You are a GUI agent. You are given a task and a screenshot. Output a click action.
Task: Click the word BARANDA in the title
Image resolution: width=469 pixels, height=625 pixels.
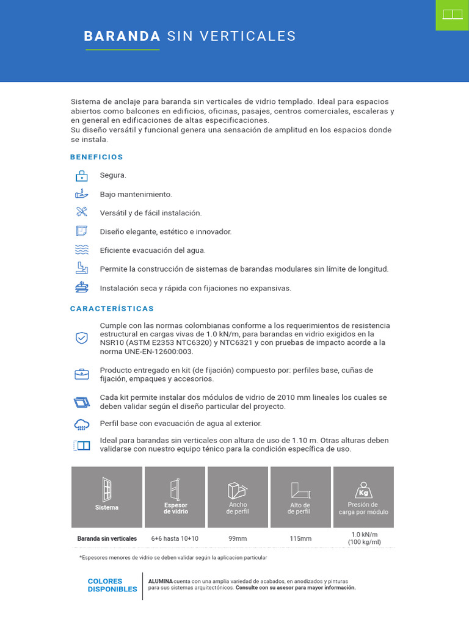pos(122,36)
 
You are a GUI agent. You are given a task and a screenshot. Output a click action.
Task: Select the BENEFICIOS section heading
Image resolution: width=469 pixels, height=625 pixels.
pos(96,157)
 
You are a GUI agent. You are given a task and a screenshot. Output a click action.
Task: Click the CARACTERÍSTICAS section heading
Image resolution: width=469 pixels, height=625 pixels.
pos(112,308)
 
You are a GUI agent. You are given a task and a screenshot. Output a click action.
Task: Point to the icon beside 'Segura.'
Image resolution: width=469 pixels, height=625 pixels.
pos(82,176)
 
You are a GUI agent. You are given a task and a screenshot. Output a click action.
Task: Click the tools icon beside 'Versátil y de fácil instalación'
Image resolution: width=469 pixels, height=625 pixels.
pos(82,212)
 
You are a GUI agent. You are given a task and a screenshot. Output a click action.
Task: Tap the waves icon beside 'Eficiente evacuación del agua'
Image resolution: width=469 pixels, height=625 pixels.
pos(82,250)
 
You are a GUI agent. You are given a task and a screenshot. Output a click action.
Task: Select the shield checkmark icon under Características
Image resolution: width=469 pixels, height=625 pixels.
pos(82,338)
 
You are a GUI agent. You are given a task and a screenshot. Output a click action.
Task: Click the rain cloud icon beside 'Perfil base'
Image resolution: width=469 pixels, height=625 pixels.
pos(82,424)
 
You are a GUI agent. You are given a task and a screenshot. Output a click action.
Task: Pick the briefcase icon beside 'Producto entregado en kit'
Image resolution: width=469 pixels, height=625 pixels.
pos(82,374)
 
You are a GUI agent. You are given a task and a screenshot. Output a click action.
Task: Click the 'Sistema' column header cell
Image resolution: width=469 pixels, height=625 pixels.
pos(107,497)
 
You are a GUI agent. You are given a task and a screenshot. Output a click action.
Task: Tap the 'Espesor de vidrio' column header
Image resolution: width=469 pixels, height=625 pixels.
pos(176,497)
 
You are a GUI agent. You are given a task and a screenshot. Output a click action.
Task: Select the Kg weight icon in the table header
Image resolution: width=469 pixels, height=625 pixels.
pos(363,491)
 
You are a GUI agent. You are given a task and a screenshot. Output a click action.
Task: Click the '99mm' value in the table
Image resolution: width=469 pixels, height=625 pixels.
pos(238,538)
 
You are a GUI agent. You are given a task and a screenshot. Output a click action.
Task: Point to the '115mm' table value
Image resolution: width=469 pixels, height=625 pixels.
pos(300,538)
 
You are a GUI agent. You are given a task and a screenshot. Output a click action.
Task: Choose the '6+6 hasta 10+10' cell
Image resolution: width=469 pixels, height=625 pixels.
pos(176,538)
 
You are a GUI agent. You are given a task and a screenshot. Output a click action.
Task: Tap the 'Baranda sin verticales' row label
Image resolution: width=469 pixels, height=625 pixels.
pos(107,538)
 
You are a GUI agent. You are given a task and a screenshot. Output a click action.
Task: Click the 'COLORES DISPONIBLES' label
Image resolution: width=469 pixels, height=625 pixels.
pos(112,585)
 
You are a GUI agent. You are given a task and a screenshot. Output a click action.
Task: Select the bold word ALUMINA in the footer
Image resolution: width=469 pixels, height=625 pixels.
pos(161,581)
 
